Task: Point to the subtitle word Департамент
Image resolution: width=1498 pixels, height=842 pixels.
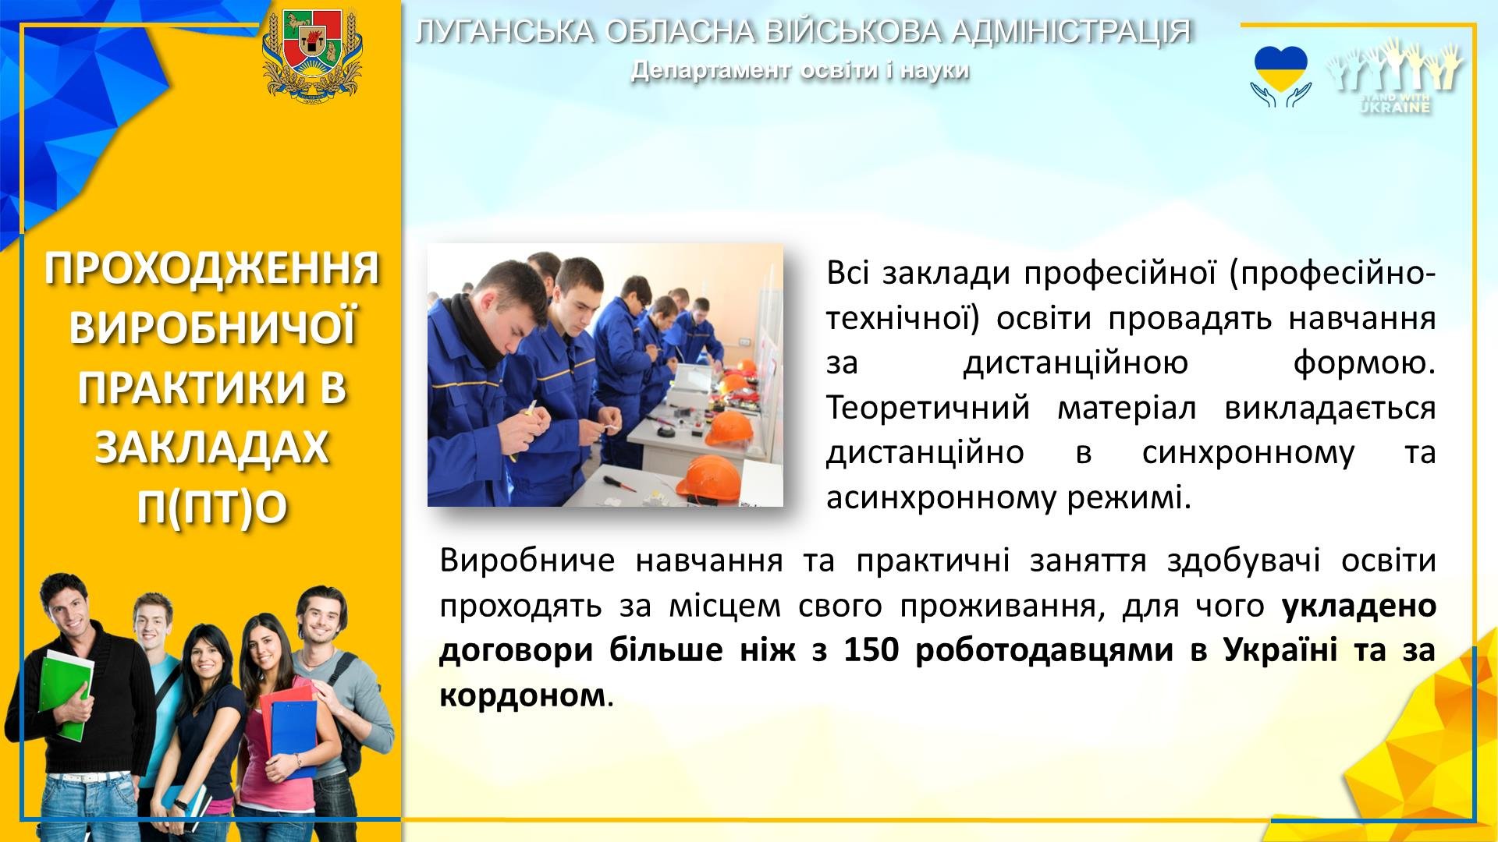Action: [x=711, y=70]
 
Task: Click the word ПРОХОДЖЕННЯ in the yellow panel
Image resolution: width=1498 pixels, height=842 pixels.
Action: [x=211, y=270]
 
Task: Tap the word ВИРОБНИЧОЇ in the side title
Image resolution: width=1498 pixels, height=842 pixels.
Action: [x=211, y=330]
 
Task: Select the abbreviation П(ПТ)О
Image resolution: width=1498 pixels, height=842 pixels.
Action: [x=211, y=508]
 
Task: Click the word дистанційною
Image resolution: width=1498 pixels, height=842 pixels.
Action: [x=1076, y=364]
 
